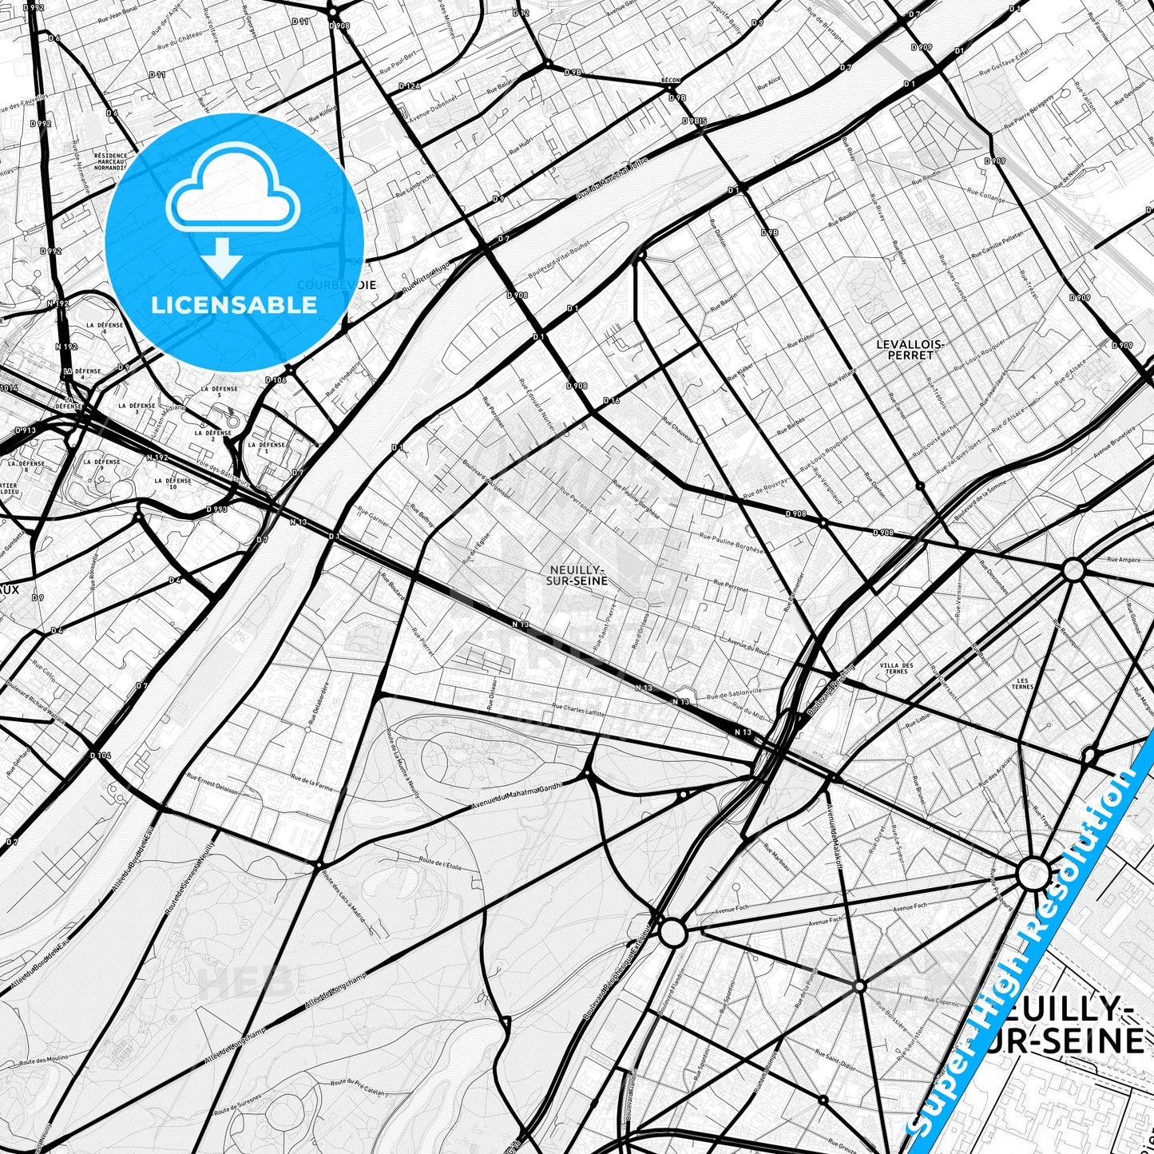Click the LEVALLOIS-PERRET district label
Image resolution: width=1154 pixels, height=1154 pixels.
[910, 349]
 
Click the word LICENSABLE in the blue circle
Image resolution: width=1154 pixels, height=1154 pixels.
[235, 305]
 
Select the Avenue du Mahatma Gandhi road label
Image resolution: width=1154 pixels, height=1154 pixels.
[518, 794]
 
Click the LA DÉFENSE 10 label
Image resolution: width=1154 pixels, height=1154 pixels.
[173, 484]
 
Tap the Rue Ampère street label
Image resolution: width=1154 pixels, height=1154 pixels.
[1124, 560]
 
